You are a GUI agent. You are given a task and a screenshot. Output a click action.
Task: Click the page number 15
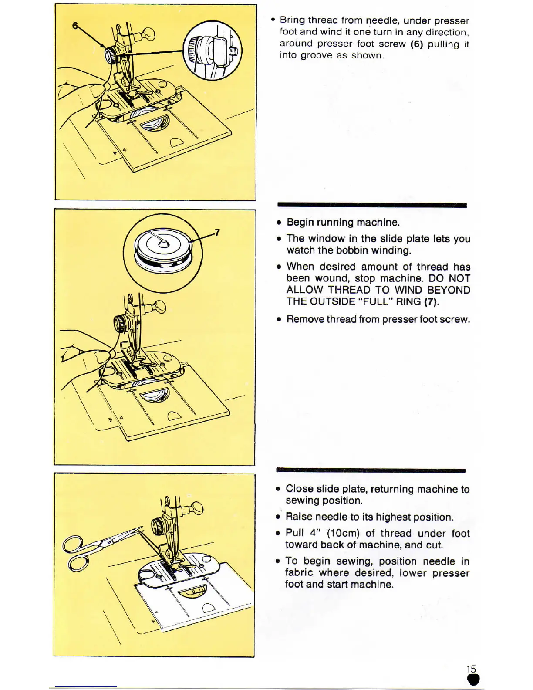[471, 669]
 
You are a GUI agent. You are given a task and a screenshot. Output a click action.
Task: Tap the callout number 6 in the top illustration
[75, 26]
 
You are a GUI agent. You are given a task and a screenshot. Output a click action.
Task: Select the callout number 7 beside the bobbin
[217, 232]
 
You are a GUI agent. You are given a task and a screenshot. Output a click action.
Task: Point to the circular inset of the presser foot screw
[212, 51]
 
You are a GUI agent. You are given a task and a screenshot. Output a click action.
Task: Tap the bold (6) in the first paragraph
[417, 44]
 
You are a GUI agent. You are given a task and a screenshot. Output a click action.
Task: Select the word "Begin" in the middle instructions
[300, 222]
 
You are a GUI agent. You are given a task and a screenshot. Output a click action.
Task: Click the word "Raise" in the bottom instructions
[299, 517]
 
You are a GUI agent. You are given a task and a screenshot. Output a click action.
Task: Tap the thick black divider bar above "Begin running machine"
[372, 205]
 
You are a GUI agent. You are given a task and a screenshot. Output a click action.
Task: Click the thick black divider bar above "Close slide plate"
[371, 470]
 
